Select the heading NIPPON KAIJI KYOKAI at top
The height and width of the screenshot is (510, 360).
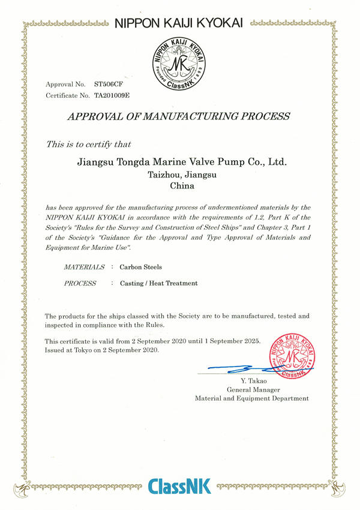pos(178,23)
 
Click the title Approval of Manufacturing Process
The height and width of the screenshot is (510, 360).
pos(178,116)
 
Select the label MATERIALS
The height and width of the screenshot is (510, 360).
pos(84,267)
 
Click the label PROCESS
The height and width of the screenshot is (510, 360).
pos(80,283)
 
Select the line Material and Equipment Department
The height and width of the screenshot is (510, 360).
pos(251,398)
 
